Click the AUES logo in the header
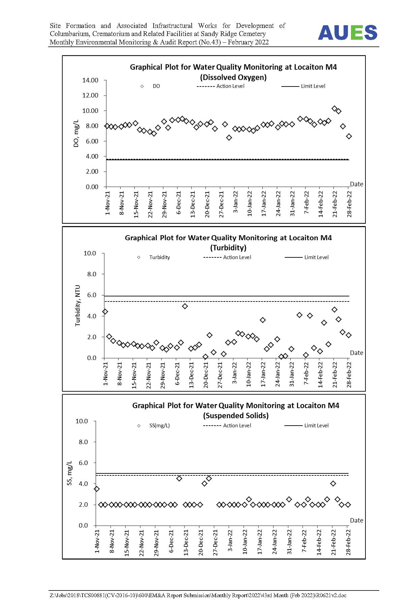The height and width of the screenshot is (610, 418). coord(348,33)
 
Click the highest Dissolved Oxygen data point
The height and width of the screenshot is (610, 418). coord(334,108)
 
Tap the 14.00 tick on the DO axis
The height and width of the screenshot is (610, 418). coord(90,80)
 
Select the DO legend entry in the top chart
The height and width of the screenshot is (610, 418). coord(150,86)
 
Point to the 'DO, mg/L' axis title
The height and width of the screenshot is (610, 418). coord(76,133)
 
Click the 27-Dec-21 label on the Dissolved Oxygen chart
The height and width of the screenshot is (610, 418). coord(221,204)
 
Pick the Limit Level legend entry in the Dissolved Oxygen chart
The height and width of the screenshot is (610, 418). coord(303,86)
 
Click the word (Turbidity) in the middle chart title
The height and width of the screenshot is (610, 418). coord(228,248)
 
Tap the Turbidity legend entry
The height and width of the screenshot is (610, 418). coord(154,257)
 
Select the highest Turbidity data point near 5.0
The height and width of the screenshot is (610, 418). coord(185,306)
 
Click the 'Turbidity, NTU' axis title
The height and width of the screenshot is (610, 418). coord(78,306)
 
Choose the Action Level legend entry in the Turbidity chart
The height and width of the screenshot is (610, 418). coord(227,257)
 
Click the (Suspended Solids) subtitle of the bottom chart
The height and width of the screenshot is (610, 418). coord(236,416)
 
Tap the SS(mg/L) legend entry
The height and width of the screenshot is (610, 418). coord(154,426)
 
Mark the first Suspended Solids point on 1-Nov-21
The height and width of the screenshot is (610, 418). coord(97,489)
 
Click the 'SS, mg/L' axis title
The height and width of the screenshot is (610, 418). coord(70,473)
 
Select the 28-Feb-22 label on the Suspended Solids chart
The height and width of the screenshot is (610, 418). coord(348,542)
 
